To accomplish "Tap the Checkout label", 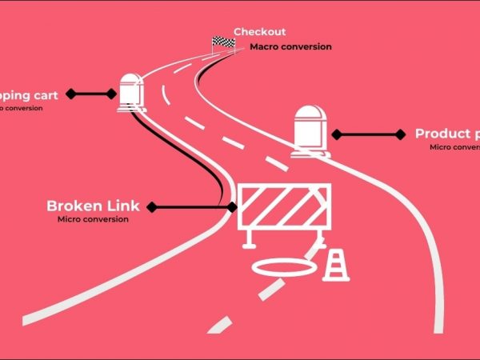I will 259,33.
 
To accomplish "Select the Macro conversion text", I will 290,46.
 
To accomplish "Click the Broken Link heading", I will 93,206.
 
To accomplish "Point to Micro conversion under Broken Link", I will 93,219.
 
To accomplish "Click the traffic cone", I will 336,266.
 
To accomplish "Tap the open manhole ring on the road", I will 285,267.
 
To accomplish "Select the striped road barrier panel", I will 285,207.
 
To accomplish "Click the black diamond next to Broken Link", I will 152,207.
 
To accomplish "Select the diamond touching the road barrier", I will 232,207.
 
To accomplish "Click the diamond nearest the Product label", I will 399,134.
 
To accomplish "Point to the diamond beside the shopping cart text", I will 71,94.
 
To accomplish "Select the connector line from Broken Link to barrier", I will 192,207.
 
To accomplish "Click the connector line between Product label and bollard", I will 368,134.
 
